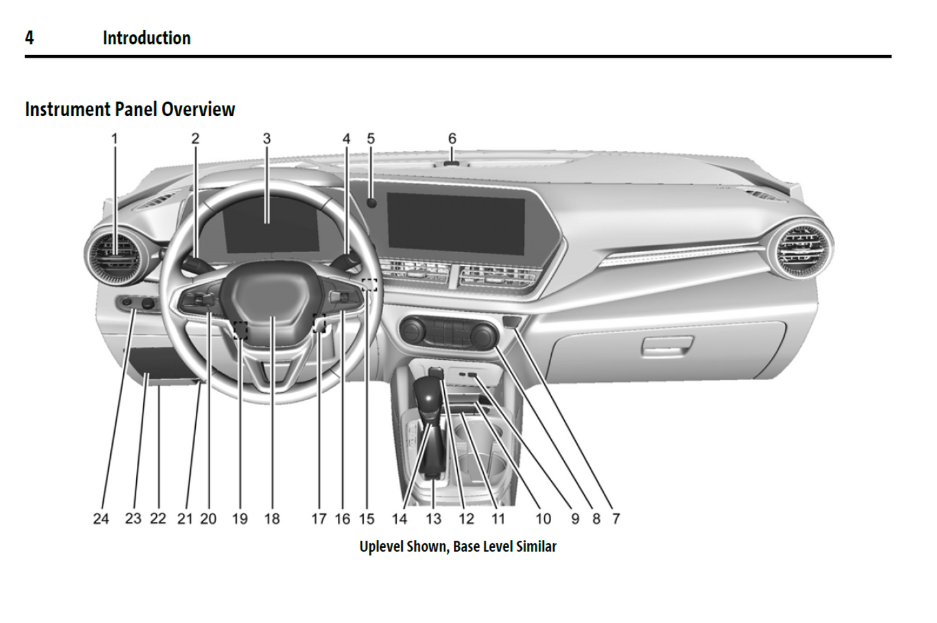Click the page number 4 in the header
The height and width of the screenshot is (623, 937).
29,38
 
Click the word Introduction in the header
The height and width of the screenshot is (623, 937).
147,38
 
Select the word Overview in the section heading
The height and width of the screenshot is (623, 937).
198,110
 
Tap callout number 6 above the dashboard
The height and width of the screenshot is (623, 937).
452,139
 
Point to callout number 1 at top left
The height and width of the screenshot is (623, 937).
115,139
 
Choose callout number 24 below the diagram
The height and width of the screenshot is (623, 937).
101,519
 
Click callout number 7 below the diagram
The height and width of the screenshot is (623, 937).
616,519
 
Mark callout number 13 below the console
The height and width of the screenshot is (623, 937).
433,519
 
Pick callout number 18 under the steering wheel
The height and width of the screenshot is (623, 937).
272,519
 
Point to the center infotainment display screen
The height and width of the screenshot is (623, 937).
456,223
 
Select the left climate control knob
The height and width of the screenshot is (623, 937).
412,331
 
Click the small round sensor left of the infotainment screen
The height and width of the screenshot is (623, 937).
372,203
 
